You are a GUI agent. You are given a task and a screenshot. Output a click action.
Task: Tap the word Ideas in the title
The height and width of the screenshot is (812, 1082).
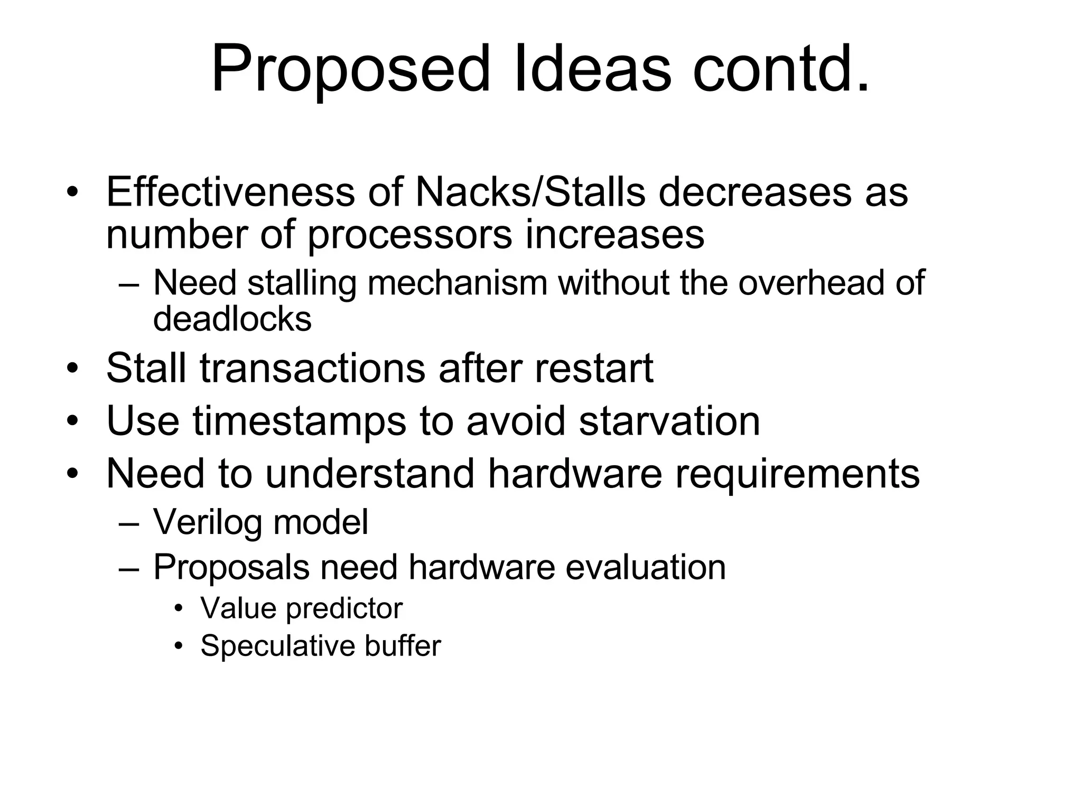tap(592, 69)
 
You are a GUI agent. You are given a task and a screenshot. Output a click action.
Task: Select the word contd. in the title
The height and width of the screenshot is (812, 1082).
tap(781, 69)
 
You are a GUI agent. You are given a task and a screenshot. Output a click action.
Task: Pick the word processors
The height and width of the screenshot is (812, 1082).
tap(409, 234)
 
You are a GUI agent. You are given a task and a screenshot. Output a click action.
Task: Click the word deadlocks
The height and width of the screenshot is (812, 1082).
tap(232, 319)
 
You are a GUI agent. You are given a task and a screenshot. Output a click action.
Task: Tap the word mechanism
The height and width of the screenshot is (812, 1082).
tap(457, 283)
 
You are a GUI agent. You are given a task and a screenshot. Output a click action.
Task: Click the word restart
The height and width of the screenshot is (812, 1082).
tap(594, 368)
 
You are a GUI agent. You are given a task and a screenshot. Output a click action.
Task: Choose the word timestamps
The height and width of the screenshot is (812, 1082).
tap(300, 421)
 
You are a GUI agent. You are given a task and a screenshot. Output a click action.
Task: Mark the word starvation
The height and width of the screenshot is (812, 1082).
tap(669, 421)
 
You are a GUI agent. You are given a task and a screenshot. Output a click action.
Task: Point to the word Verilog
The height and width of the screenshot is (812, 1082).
tap(208, 522)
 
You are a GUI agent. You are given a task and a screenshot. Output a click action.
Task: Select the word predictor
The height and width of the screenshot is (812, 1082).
tap(344, 608)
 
